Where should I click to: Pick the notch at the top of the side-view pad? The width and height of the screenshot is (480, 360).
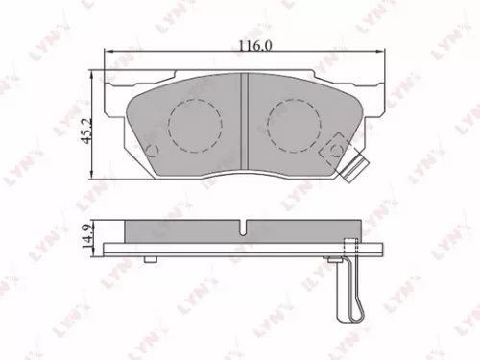tap(246, 228)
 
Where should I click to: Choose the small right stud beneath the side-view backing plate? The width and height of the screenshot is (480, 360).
tap(333, 259)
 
